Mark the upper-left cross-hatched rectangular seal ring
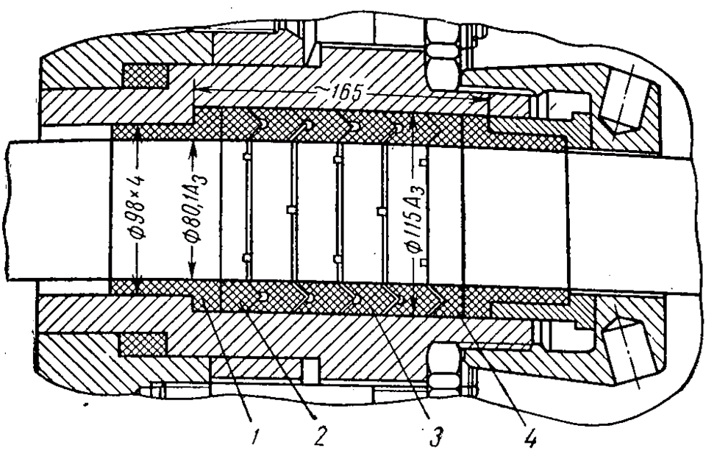(146, 74)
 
